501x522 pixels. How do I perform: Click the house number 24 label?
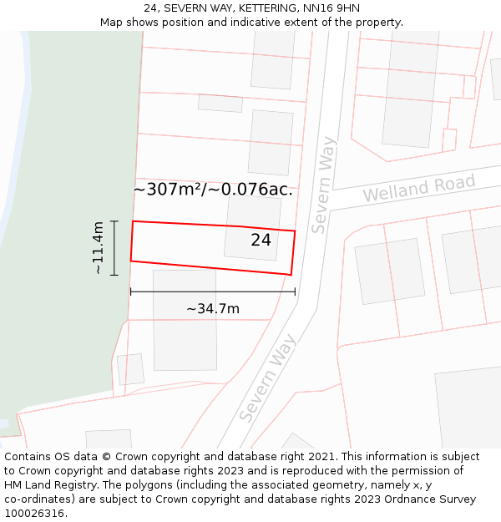coord(261,241)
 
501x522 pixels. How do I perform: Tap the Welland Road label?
coord(418,188)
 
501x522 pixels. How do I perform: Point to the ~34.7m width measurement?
coord(213,309)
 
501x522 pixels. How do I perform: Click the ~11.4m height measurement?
coord(99,248)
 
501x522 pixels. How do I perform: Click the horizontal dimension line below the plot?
coord(213,291)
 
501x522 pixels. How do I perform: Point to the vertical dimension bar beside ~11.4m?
coord(114,248)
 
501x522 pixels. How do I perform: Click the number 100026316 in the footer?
coord(35,513)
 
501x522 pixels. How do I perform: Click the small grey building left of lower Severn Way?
coord(130,369)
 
